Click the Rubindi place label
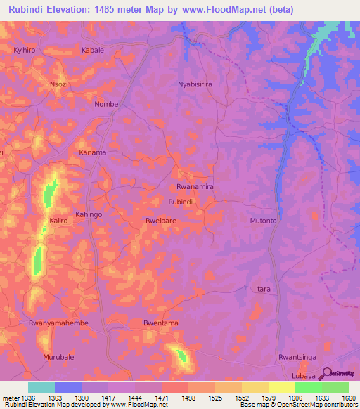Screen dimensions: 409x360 pyautogui.click(x=181, y=202)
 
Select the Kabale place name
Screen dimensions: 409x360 pyautogui.click(x=93, y=51)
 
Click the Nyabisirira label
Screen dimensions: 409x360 pyautogui.click(x=200, y=83)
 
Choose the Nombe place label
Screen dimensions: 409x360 pyautogui.click(x=106, y=104)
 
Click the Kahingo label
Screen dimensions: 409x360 pyautogui.click(x=89, y=214)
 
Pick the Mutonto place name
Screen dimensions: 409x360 pyautogui.click(x=264, y=221)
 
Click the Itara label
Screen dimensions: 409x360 pyautogui.click(x=263, y=289)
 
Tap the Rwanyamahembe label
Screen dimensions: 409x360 pyautogui.click(x=58, y=323)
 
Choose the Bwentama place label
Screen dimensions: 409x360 pyautogui.click(x=160, y=323)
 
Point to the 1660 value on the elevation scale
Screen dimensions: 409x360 pyautogui.click(x=349, y=397)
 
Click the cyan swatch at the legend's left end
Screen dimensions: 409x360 pyautogui.click(x=41, y=387)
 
